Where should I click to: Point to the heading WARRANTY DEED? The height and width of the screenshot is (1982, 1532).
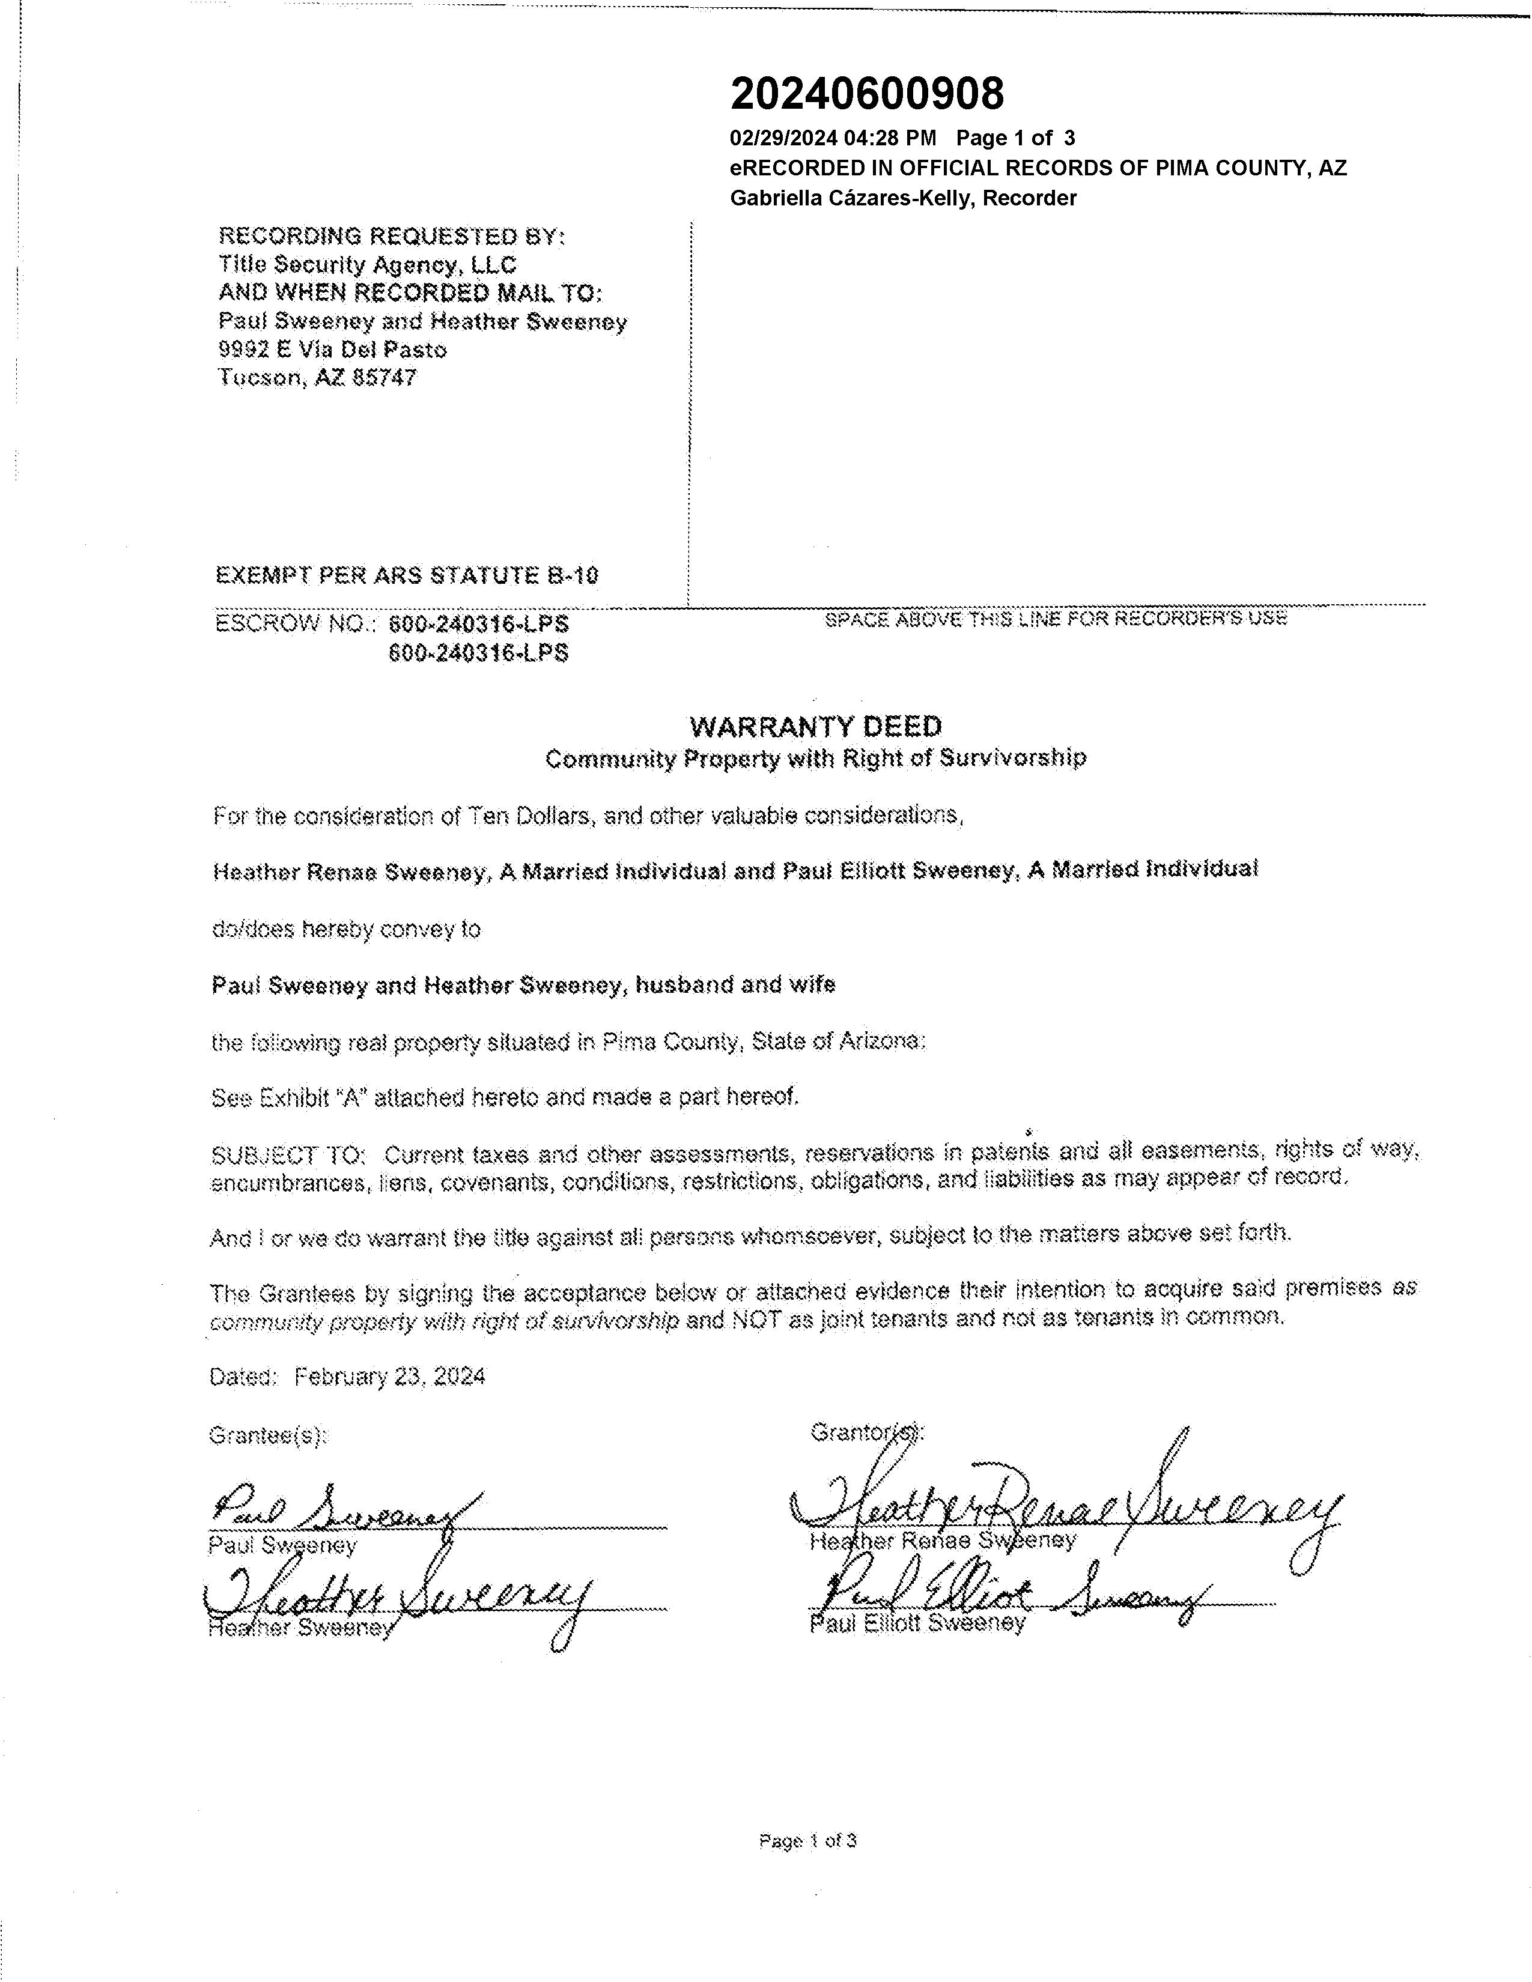pos(815,726)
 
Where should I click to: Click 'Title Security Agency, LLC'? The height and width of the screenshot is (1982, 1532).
pos(368,265)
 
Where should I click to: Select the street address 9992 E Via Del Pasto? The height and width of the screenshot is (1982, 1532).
pos(332,350)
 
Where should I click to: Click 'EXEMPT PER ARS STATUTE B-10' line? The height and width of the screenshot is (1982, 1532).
pos(407,575)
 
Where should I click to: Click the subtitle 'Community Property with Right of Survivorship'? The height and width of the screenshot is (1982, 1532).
pos(815,758)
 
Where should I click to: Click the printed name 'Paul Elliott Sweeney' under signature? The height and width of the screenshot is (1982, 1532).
pos(917,1623)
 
